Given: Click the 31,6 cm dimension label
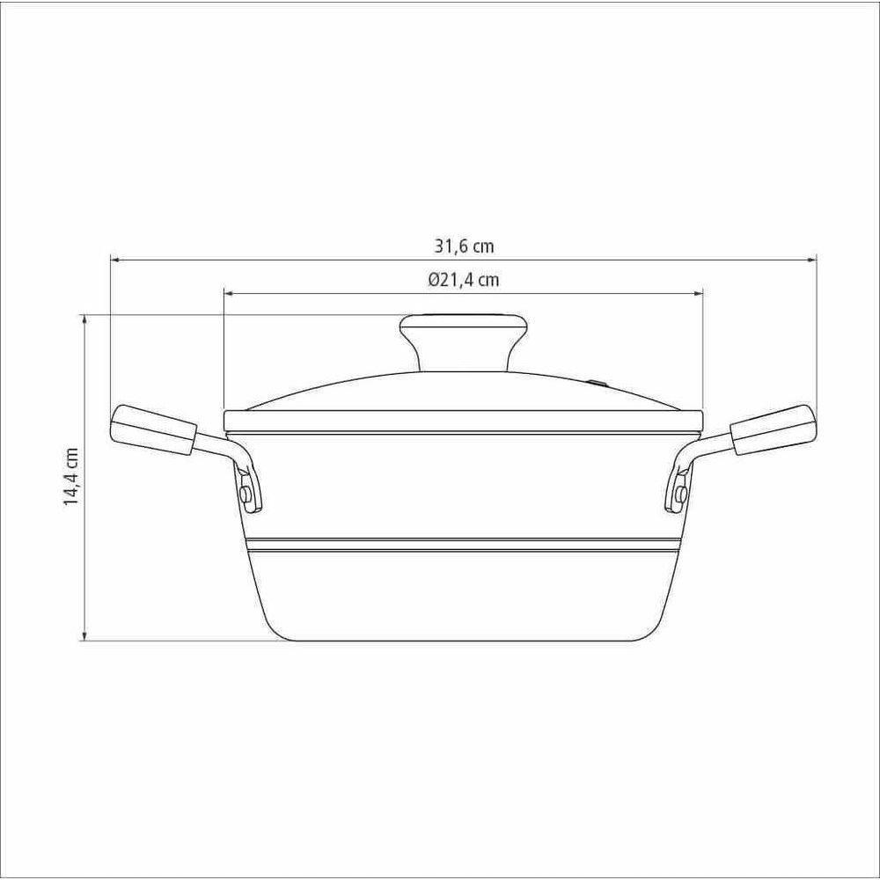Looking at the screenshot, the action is tap(464, 246).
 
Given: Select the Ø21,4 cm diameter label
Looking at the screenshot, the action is tap(464, 279).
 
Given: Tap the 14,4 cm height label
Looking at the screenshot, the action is tap(70, 477).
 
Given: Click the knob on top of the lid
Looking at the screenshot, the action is tap(464, 342).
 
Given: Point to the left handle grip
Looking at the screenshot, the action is tap(153, 429).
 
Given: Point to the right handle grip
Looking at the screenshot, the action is tap(773, 429).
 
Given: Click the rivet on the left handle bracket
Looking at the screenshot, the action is tap(246, 494).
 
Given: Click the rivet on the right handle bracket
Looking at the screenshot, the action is tap(681, 494).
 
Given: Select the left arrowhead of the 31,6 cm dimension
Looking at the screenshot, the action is tap(114, 260).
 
